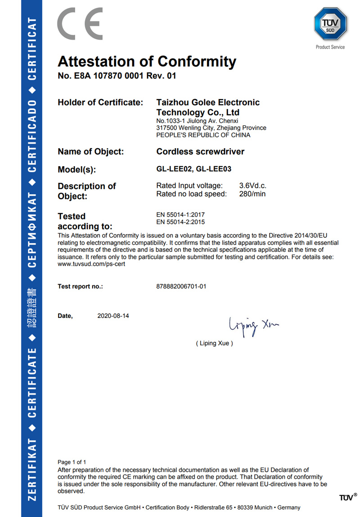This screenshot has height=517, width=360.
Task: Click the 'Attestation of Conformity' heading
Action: [147, 61]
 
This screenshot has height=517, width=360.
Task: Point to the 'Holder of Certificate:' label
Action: [100, 102]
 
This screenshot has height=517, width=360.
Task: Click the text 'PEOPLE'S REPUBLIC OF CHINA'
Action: [203, 135]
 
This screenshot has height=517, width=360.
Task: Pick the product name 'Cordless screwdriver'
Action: [200, 152]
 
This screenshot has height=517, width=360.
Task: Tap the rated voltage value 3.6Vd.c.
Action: [253, 186]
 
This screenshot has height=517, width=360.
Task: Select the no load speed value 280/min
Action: [252, 194]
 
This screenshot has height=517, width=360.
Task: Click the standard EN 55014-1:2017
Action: [180, 215]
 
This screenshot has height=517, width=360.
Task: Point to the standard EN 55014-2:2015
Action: [180, 222]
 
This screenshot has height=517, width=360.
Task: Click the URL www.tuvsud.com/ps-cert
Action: [91, 264]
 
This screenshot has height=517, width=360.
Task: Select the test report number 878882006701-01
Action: [181, 286]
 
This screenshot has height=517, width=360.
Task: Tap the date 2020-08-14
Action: [113, 316]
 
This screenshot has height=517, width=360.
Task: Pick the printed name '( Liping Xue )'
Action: [214, 343]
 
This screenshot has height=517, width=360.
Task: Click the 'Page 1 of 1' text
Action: [72, 462]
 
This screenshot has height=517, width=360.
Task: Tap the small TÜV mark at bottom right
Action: [346, 497]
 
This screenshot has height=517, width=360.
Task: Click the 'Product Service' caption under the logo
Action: [330, 47]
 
